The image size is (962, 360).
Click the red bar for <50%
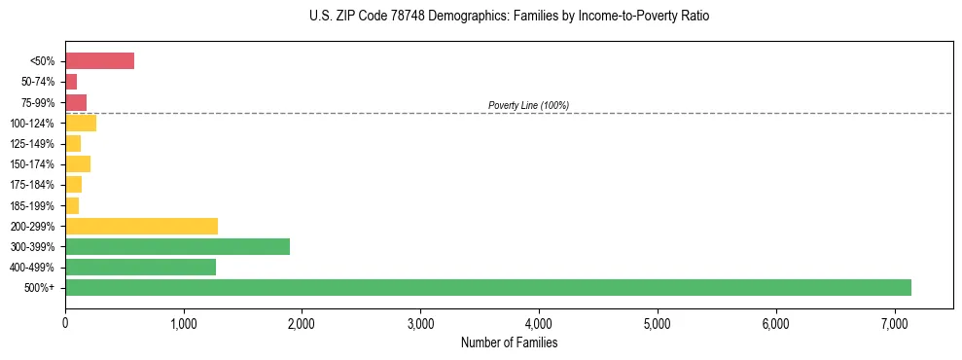pyautogui.click(x=99, y=61)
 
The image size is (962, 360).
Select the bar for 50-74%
pyautogui.click(x=71, y=82)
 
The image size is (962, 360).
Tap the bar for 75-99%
pyautogui.click(x=76, y=102)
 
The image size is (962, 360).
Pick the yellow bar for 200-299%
pyautogui.click(x=141, y=226)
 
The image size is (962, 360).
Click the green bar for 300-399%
pyautogui.click(x=177, y=246)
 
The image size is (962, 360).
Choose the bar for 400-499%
pyautogui.click(x=140, y=267)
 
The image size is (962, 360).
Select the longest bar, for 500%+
pyautogui.click(x=487, y=287)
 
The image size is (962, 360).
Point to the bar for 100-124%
pyautogui.click(x=81, y=123)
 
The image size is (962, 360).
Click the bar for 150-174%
pyautogui.click(x=78, y=163)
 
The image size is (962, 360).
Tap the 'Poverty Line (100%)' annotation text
pyautogui.click(x=528, y=105)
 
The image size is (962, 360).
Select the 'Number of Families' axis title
pyautogui.click(x=509, y=342)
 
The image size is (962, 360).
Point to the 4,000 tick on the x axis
pyautogui.click(x=539, y=322)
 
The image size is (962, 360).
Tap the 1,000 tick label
pyautogui.click(x=184, y=322)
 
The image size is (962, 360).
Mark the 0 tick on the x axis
pyautogui.click(x=65, y=322)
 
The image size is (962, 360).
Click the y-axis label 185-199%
pyautogui.click(x=32, y=205)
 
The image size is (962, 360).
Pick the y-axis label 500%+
pyautogui.click(x=40, y=288)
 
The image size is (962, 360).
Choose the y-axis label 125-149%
pyautogui.click(x=32, y=144)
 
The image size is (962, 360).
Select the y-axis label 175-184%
pyautogui.click(x=32, y=185)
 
